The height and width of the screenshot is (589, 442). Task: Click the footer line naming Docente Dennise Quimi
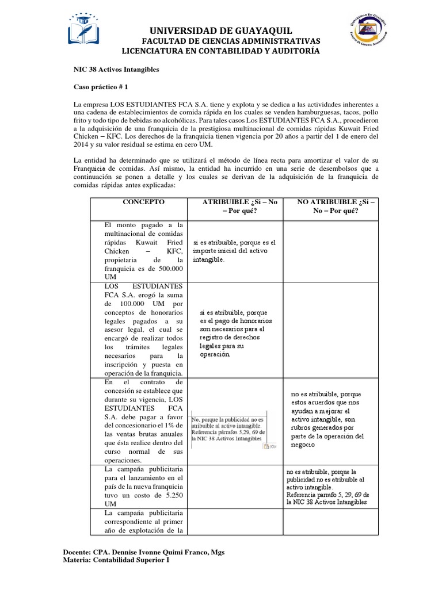pyautogui.click(x=144, y=552)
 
